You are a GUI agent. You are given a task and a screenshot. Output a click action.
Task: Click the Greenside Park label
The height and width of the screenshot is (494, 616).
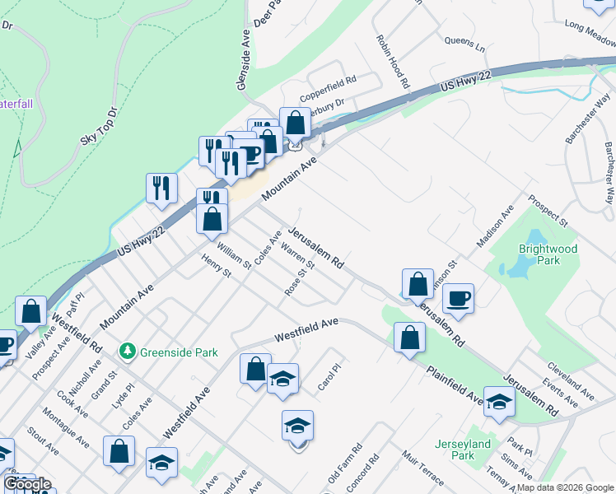[179, 352]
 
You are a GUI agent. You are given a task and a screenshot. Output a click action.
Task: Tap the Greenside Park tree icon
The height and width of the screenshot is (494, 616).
[127, 352]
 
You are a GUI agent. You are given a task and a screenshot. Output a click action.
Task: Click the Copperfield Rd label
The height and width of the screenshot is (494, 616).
[328, 81]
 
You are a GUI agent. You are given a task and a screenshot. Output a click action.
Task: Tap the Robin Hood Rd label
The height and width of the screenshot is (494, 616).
[393, 61]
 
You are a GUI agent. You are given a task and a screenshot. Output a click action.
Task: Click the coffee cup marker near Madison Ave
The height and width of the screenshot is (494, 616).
[459, 297]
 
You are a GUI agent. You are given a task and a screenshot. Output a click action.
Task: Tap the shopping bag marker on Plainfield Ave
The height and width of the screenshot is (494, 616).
[409, 338]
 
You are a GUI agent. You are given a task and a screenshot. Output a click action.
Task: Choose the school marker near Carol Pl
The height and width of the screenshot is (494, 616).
[282, 378]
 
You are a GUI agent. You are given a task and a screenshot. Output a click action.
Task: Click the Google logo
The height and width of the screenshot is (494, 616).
[27, 484]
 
